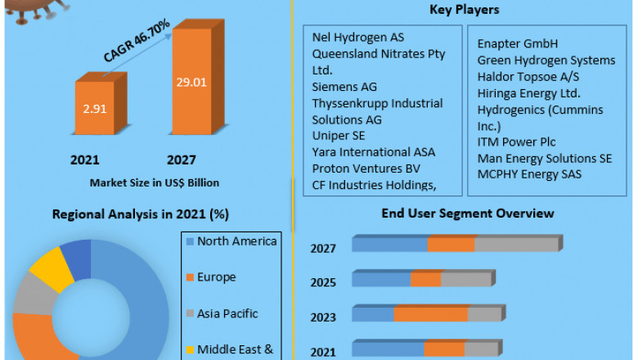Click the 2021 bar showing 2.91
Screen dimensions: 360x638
[x=97, y=106]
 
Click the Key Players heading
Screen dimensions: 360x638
[x=464, y=10]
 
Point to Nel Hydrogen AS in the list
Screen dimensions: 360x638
[x=358, y=38]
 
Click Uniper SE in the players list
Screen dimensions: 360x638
[x=339, y=136]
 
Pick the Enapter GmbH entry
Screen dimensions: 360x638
[x=518, y=43]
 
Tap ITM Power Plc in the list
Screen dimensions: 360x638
[x=516, y=142]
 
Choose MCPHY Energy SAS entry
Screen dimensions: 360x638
[x=529, y=174]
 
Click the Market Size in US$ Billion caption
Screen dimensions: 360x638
[x=155, y=182]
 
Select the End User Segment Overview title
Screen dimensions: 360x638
[x=468, y=214]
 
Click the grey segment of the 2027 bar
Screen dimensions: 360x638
[x=515, y=245]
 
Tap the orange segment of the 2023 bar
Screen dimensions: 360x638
[x=430, y=315]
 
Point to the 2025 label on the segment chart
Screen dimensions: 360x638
[x=323, y=282]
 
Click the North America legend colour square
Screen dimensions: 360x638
[x=190, y=241]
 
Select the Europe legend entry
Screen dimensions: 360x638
[x=216, y=277]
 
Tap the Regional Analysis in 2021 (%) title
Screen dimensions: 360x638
[x=141, y=214]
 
